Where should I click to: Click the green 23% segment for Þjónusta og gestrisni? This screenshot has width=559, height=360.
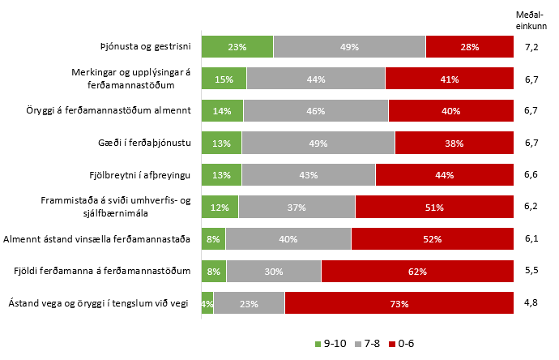coord(237,47)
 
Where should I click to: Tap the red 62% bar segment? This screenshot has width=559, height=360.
coord(417,271)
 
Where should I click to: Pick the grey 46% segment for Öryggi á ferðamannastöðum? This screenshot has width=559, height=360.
coord(316,111)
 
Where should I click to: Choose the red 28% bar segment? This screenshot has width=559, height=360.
coord(470,47)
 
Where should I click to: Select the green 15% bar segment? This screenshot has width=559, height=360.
coord(224,79)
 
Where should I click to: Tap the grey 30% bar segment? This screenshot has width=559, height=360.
coord(274,271)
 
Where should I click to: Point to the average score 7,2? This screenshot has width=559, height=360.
coord(531,47)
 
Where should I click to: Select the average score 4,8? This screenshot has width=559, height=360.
coord(531,302)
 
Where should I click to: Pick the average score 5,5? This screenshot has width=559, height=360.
coord(531,271)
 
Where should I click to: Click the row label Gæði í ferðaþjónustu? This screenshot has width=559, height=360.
coord(143,144)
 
